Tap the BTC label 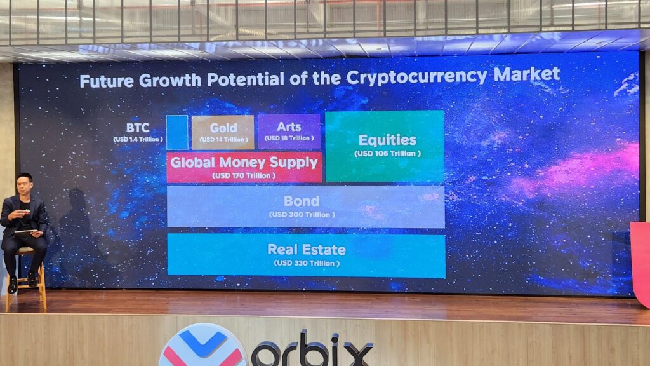(x=138, y=128)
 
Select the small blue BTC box (x=177, y=132)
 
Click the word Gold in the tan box (x=223, y=128)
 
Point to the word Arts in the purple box (x=289, y=127)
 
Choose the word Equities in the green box (x=387, y=140)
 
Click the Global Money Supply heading (x=244, y=162)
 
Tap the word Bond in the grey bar (x=302, y=201)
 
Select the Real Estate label (x=307, y=249)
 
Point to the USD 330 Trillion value (x=307, y=263)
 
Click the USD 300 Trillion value (x=302, y=215)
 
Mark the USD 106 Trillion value (x=387, y=154)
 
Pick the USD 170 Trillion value (x=244, y=175)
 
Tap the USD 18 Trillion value (x=289, y=139)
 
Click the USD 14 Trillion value (x=223, y=139)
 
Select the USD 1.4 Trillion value (x=138, y=139)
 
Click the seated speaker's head (x=24, y=184)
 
